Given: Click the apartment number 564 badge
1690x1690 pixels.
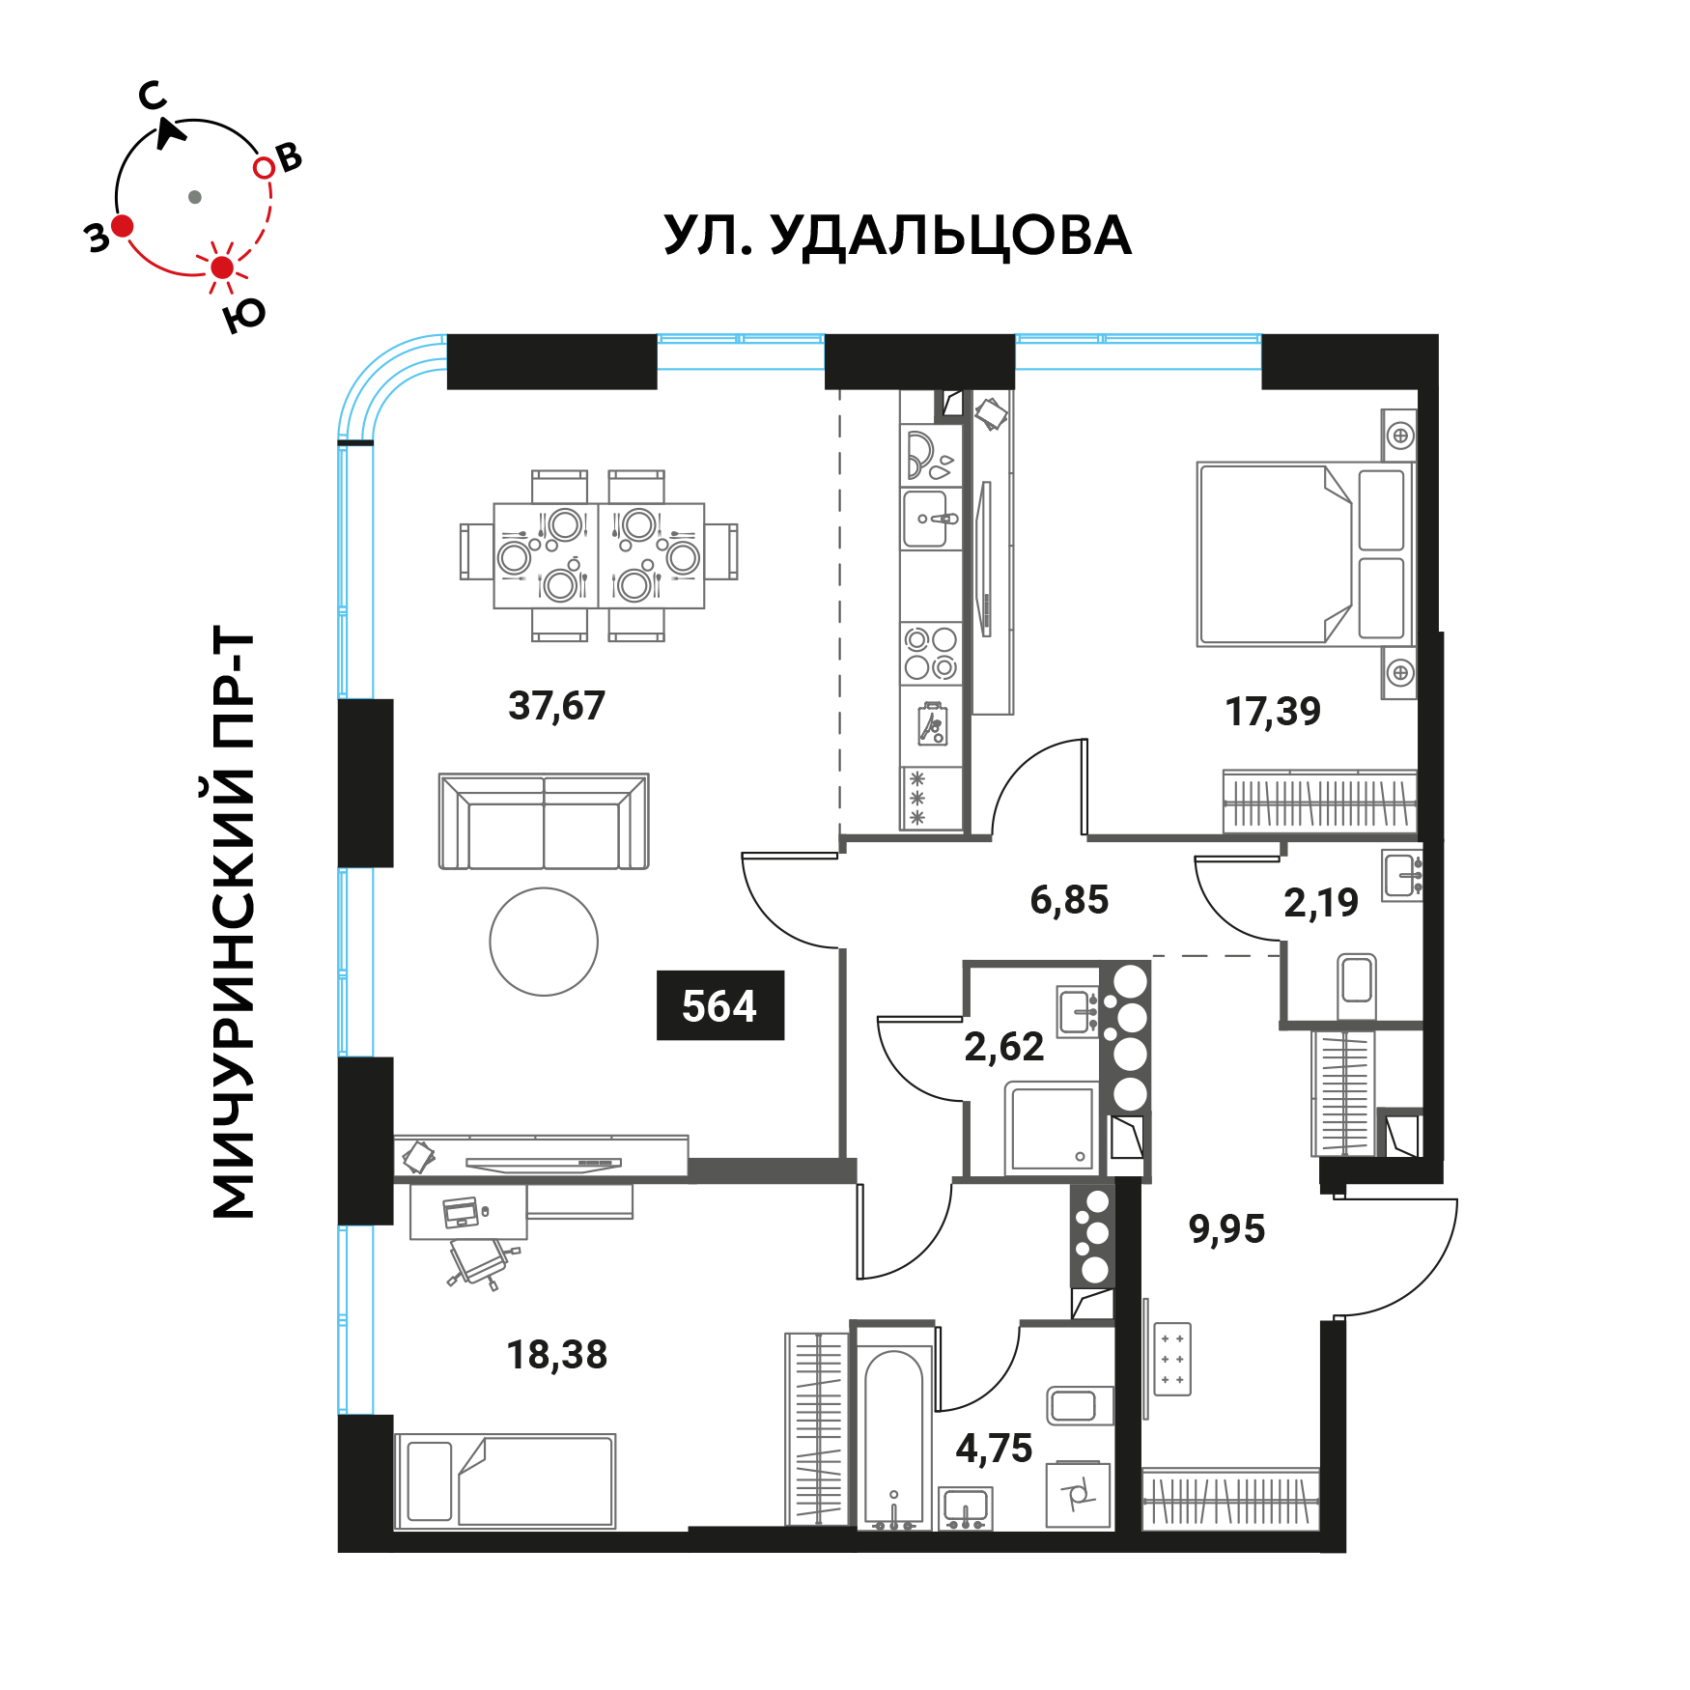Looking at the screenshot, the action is (x=720, y=1005).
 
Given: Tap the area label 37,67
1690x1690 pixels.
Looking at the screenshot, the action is (x=557, y=706).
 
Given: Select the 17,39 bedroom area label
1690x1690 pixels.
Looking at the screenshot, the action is (x=1273, y=712).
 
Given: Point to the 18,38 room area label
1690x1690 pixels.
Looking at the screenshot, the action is (x=557, y=1355).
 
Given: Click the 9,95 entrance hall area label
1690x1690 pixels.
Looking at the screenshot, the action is (x=1226, y=1229).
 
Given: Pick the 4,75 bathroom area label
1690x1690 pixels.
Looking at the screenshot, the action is (x=994, y=1449).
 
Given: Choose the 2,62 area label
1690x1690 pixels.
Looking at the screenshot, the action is (x=1004, y=1047).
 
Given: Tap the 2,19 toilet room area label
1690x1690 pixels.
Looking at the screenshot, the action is (x=1321, y=903).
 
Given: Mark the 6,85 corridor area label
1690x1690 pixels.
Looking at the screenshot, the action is (x=1069, y=900).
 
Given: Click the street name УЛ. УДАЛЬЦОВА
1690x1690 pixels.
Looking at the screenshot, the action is (x=897, y=236).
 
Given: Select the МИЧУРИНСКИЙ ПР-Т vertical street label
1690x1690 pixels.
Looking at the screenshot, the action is (x=233, y=922).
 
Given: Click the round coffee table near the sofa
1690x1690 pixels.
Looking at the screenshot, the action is (x=544, y=942).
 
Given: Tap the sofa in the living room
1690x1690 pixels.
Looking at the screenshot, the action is (x=544, y=821).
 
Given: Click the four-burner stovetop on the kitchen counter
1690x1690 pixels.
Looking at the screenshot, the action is (x=931, y=653).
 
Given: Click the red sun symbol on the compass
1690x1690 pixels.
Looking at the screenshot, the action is (x=222, y=268).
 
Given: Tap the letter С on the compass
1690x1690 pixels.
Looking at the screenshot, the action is (x=153, y=96).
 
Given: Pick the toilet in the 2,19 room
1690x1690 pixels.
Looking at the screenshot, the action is (x=1357, y=984).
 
